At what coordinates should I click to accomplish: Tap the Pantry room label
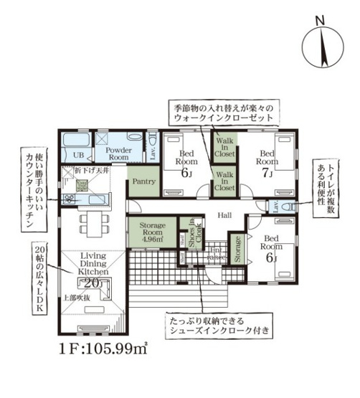click(x=142, y=183)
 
